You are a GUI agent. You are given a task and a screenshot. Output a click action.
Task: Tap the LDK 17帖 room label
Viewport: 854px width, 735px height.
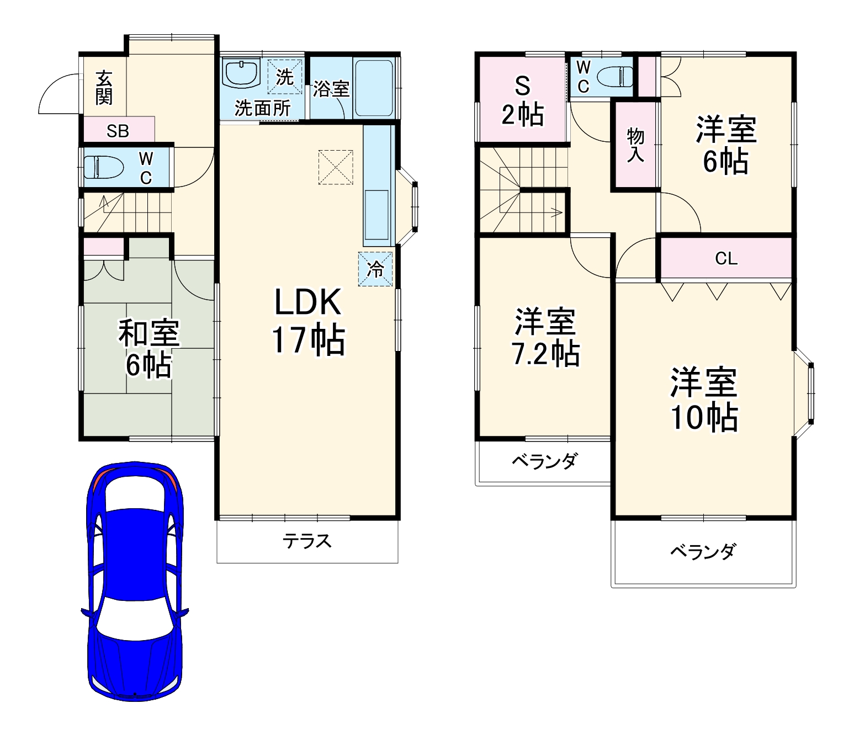307,321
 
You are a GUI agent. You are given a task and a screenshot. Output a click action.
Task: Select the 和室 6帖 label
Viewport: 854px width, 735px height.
148,349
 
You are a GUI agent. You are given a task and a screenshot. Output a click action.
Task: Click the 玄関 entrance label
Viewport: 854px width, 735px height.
104,88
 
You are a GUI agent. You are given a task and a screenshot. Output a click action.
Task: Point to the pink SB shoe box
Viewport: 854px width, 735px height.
118,131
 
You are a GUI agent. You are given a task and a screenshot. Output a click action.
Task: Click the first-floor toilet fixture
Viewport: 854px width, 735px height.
103,167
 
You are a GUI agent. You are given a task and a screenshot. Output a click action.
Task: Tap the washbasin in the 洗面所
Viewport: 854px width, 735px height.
241,73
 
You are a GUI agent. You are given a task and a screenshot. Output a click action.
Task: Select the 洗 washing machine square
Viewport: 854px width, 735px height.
284,77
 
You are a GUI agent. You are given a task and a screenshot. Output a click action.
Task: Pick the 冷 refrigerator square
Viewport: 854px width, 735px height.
375,269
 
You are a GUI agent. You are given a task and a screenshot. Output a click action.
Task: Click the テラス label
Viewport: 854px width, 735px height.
307,541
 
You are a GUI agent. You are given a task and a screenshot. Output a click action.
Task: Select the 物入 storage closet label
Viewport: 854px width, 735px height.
635,145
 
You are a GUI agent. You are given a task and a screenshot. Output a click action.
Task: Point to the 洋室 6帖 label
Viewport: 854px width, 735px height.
725,145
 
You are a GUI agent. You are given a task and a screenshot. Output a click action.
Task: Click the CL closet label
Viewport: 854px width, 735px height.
726,258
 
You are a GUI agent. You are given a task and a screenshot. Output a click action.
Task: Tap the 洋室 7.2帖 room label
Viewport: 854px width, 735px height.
545,338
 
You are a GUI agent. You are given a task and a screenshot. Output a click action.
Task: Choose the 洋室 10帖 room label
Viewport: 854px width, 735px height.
704,400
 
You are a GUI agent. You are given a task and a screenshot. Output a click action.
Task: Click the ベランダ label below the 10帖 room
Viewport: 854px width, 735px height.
703,551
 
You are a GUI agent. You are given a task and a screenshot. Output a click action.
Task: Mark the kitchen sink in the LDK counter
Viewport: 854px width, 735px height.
376,215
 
